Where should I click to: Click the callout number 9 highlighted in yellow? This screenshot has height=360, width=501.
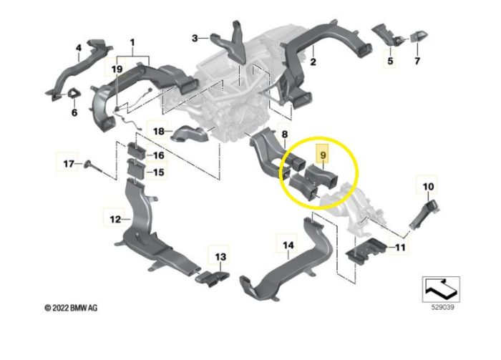[x=324, y=155]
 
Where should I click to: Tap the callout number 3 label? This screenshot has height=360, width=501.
[x=195, y=37]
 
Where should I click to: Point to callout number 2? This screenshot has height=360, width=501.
[x=313, y=63]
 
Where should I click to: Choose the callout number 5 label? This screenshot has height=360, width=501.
[x=391, y=63]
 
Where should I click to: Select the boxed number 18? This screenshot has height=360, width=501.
[x=160, y=131]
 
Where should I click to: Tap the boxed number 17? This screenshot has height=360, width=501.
[x=68, y=164]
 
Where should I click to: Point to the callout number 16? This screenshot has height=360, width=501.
[x=159, y=155]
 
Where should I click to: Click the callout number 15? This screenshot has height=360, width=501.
[x=159, y=172]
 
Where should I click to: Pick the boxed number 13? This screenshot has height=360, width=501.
[x=220, y=256]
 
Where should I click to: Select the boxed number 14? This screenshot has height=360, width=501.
[x=288, y=246]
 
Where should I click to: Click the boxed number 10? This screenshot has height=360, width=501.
[x=427, y=188]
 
